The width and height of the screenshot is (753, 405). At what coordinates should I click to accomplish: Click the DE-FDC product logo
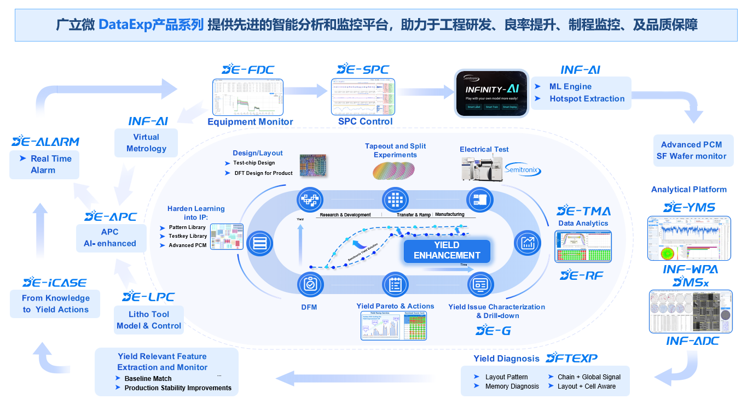(x=248, y=69)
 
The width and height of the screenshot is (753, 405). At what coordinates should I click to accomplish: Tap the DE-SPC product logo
(x=363, y=69)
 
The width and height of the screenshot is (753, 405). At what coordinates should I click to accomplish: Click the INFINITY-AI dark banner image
(x=492, y=93)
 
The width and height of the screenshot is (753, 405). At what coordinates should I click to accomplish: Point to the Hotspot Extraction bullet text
(x=587, y=99)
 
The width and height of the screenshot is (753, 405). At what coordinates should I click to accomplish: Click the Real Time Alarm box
(x=44, y=164)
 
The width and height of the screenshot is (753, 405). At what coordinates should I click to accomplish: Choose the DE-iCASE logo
(x=55, y=283)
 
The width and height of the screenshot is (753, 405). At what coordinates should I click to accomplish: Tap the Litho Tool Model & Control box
(x=148, y=320)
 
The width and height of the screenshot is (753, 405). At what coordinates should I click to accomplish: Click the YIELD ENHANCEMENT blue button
(x=447, y=250)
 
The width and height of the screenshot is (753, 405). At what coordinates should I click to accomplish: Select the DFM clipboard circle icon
(x=310, y=284)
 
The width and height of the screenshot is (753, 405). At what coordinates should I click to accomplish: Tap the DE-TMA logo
(x=583, y=211)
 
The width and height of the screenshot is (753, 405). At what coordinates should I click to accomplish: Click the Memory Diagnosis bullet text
(x=512, y=386)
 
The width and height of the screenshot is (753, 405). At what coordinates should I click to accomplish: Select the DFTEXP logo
(x=572, y=359)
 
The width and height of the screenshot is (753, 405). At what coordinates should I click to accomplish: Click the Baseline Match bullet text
(x=148, y=379)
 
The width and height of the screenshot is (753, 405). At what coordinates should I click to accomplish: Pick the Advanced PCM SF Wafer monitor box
(x=691, y=150)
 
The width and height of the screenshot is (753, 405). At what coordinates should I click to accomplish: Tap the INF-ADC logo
(x=692, y=342)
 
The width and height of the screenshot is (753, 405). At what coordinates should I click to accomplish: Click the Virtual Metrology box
(x=146, y=143)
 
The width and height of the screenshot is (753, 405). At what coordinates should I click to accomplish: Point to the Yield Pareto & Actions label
(x=395, y=306)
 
